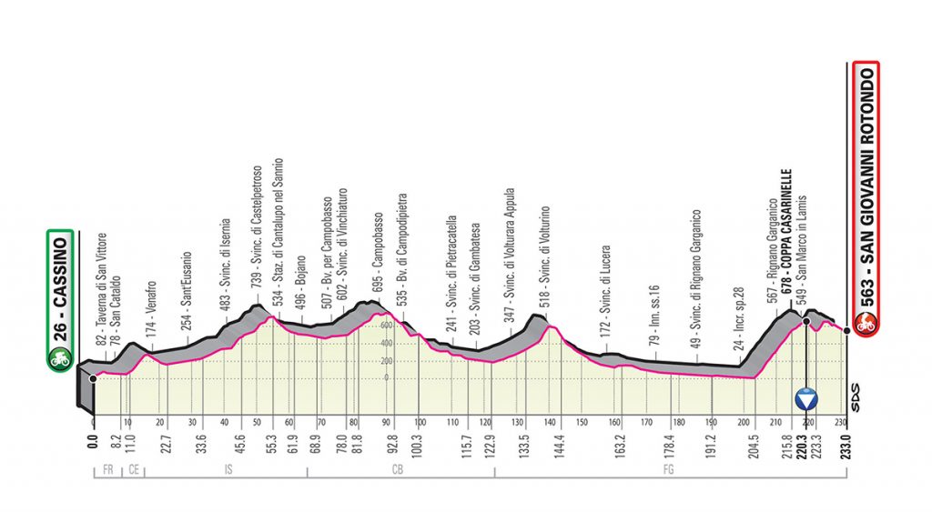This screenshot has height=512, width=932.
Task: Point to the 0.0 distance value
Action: pyautogui.click(x=94, y=445)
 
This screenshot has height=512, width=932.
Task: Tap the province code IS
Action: pyautogui.click(x=225, y=471)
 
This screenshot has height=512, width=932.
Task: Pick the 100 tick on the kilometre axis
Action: pyautogui.click(x=420, y=423)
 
